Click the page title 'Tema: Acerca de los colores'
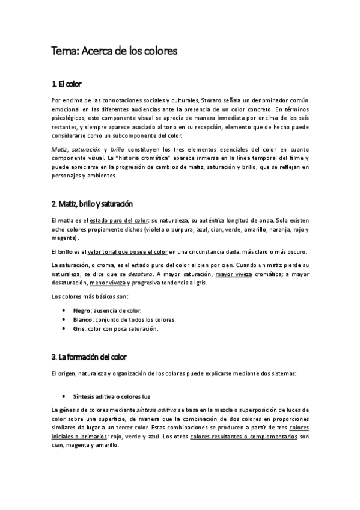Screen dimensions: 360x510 point(114,52)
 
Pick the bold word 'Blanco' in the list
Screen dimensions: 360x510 point(83,319)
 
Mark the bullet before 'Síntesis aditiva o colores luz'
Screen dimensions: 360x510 point(64,396)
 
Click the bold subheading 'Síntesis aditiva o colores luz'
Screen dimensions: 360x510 point(111,396)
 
